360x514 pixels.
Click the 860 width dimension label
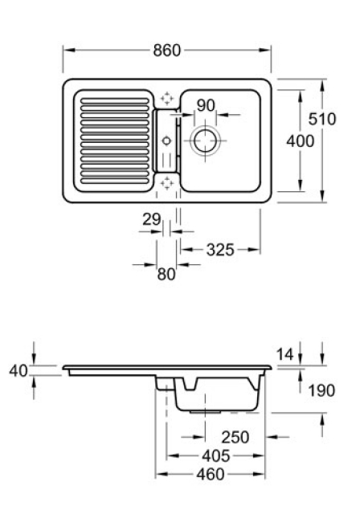(x=167, y=51)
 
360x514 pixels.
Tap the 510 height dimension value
(x=322, y=119)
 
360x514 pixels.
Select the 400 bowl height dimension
(x=300, y=141)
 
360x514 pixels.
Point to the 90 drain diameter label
(x=206, y=105)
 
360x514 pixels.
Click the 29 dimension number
(x=152, y=219)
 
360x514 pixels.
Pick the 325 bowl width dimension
(x=220, y=250)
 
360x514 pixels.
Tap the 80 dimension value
(x=166, y=274)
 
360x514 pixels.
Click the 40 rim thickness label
(x=18, y=371)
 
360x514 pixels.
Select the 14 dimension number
(x=284, y=354)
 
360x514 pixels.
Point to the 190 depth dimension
(x=321, y=390)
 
